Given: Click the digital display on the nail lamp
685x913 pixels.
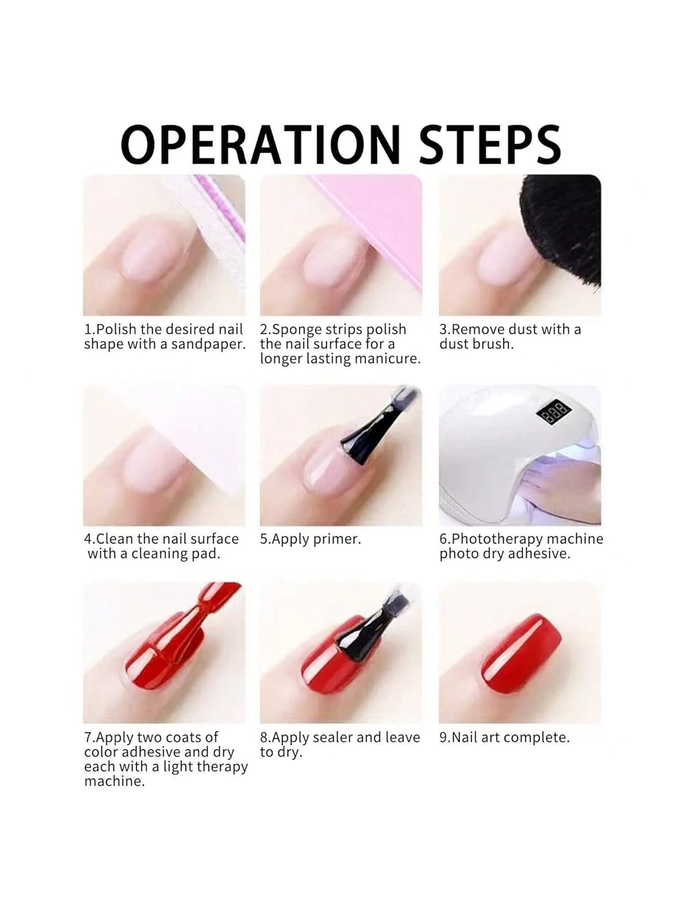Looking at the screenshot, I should click(549, 416).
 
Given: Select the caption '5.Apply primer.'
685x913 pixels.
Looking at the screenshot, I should click(310, 539).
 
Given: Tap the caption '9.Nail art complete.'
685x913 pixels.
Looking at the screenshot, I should click(504, 737).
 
